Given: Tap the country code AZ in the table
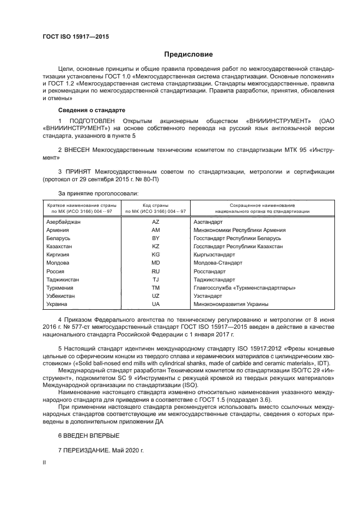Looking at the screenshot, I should [x=155, y=222].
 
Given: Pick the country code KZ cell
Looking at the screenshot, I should [x=155, y=247].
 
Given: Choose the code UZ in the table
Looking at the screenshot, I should [x=155, y=296].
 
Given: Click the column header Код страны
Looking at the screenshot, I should [x=155, y=204].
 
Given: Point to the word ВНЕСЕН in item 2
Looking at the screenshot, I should [x=80, y=149].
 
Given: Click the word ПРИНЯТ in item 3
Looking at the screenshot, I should [x=79, y=171].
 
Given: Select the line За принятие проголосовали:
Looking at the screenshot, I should [x=98, y=193].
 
